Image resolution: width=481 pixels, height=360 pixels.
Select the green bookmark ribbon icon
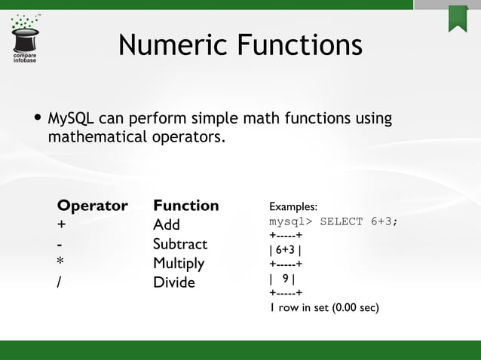click(457, 18)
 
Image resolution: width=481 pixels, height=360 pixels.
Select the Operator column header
click(93, 206)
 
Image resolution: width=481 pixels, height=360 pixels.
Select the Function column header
click(185, 206)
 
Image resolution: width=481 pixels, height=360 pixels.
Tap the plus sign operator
click(61, 225)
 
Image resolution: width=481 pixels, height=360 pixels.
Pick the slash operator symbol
click(60, 283)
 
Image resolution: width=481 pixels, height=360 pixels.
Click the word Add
click(166, 225)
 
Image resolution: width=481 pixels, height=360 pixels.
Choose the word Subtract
click(180, 245)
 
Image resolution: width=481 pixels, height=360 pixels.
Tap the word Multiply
click(179, 264)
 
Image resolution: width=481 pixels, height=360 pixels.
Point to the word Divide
click(173, 283)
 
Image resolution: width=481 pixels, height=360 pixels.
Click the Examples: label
click(293, 206)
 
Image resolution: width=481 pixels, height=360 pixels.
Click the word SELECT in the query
click(342, 222)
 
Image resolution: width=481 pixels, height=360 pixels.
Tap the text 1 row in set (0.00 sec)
click(323, 308)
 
